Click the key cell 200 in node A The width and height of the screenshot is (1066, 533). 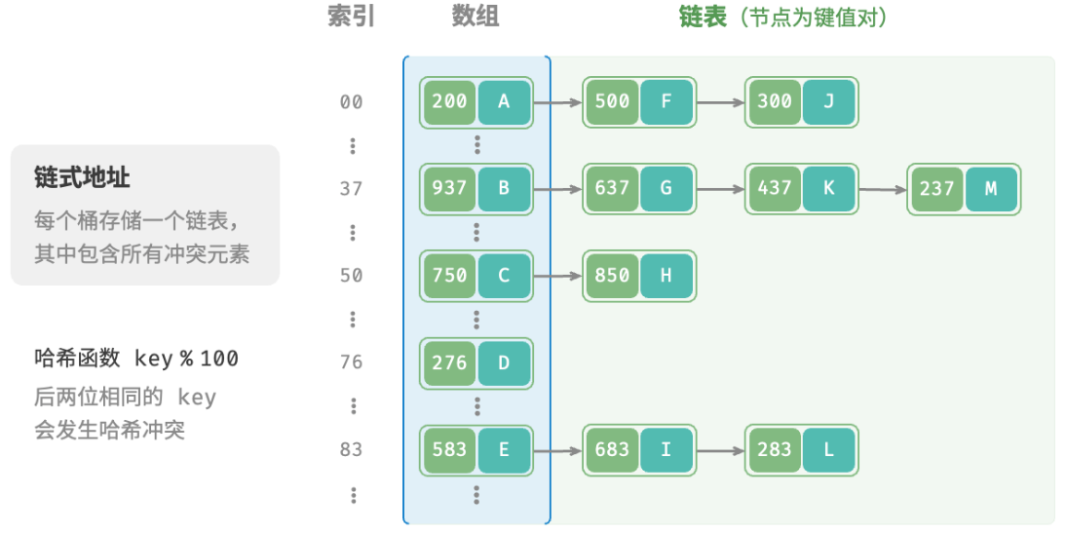pyautogui.click(x=449, y=102)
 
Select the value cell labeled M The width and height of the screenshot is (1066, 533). pyautogui.click(x=991, y=189)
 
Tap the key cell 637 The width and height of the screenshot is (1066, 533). pyautogui.click(x=612, y=189)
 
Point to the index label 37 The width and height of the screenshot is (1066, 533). pyautogui.click(x=352, y=189)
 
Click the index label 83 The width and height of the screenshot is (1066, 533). pyautogui.click(x=352, y=450)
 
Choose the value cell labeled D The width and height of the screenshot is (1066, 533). pyautogui.click(x=504, y=363)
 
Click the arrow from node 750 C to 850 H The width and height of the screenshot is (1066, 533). pyautogui.click(x=558, y=276)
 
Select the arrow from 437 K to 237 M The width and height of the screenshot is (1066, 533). pyautogui.click(x=883, y=190)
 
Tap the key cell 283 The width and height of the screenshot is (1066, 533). pyautogui.click(x=775, y=450)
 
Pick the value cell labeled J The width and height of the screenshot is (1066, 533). pyautogui.click(x=828, y=102)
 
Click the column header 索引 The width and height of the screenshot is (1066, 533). pyautogui.click(x=352, y=17)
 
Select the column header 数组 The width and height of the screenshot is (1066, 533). pyautogui.click(x=476, y=17)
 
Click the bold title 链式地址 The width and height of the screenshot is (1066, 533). pyautogui.click(x=82, y=178)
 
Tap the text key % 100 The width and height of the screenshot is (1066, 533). pyautogui.click(x=187, y=359)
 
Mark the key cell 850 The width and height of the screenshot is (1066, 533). pyautogui.click(x=612, y=276)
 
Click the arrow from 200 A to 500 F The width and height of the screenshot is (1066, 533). pyautogui.click(x=558, y=102)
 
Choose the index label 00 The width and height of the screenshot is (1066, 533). pyautogui.click(x=352, y=102)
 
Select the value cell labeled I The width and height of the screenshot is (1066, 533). pyautogui.click(x=666, y=450)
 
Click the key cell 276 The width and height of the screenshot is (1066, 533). pyautogui.click(x=449, y=363)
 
